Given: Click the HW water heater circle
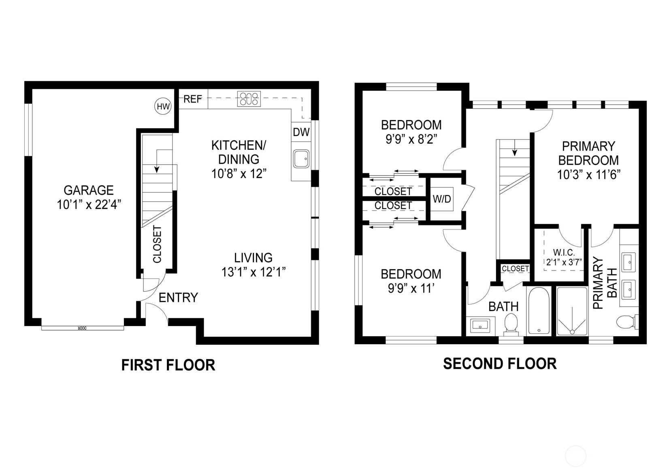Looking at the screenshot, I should tap(163, 107).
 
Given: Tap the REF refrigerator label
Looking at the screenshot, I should tap(193, 99).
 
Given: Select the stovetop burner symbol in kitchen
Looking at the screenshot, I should tap(249, 99).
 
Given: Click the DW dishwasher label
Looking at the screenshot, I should tap(301, 132).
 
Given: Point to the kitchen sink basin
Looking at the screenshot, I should tap(301, 159).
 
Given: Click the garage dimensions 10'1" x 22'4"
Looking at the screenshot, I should tap(89, 204).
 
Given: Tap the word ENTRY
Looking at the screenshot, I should tap(178, 298).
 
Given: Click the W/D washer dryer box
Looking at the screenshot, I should tap(442, 199).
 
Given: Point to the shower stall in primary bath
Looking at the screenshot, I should tap(572, 311).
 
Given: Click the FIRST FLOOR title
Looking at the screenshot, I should tap(168, 365).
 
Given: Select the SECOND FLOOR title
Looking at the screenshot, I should tap(500, 364).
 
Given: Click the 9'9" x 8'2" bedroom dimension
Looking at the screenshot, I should tap(411, 139).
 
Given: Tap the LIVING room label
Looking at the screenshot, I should tap(253, 258).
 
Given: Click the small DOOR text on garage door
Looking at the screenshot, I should tap(82, 328).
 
